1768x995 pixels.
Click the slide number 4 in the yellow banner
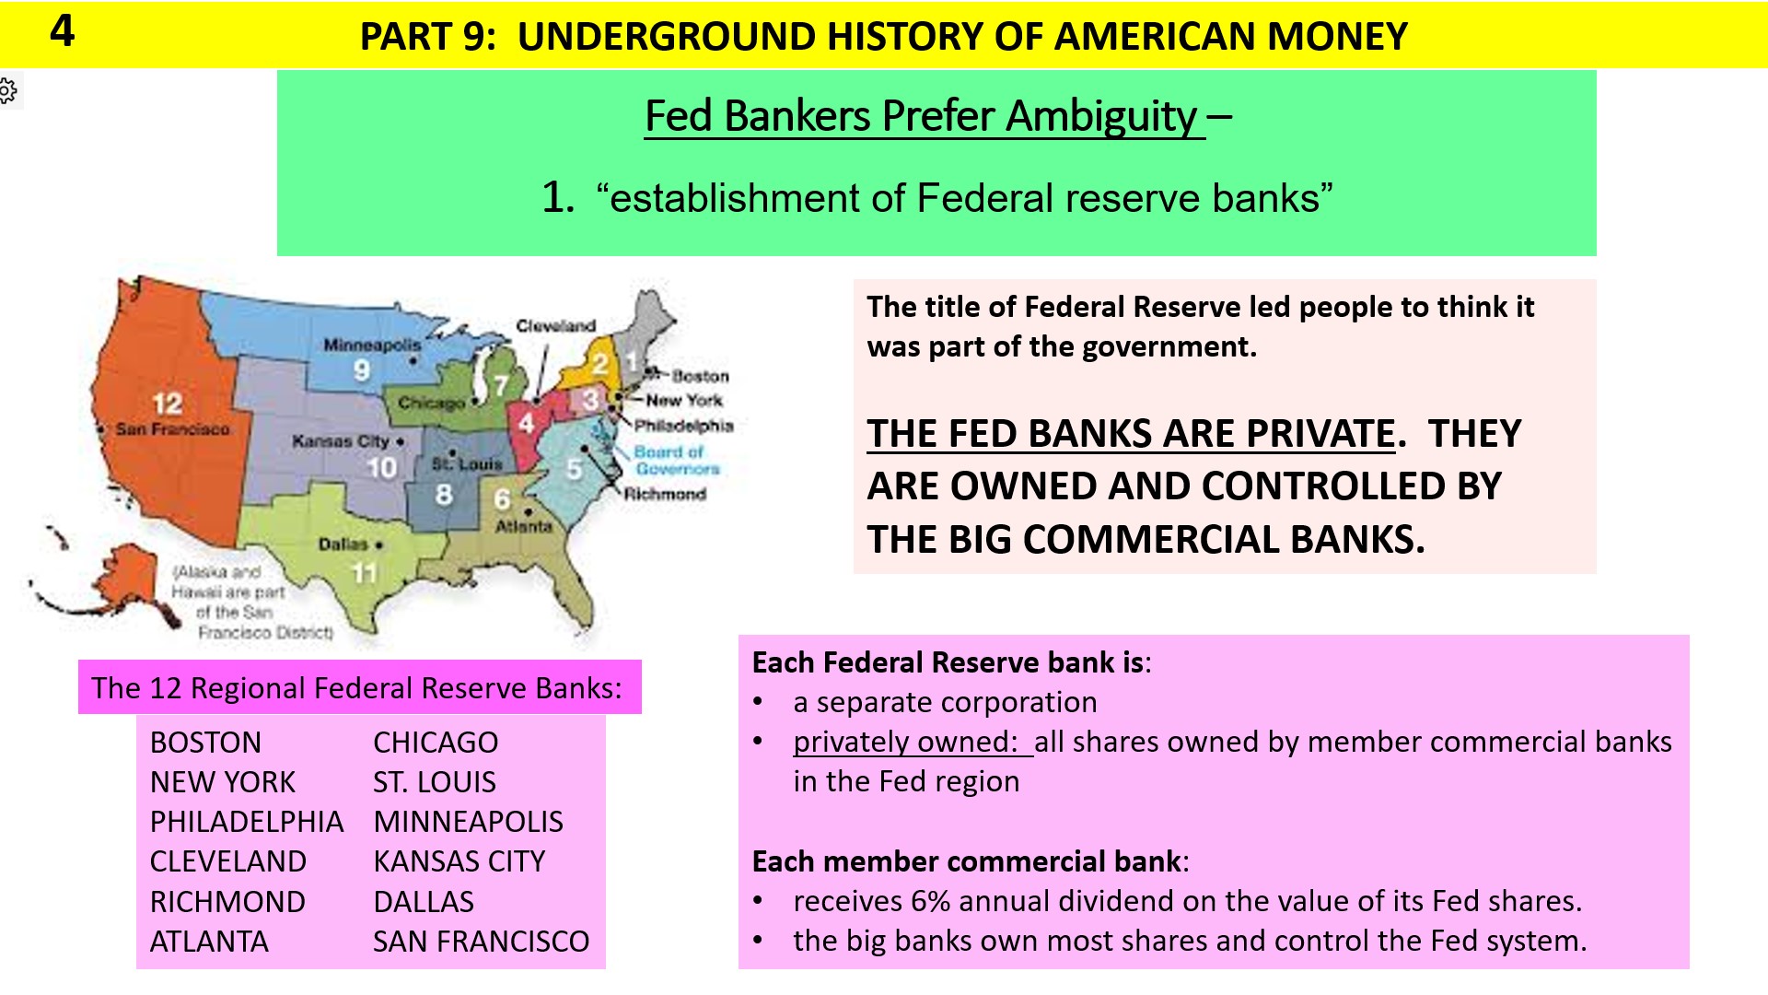tap(62, 31)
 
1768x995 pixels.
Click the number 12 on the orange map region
tap(167, 404)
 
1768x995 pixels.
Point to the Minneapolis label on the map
tap(371, 345)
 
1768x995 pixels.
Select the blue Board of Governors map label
tap(676, 460)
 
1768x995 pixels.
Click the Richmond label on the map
tap(665, 494)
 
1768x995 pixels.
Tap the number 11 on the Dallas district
tap(365, 573)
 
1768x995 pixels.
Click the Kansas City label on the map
tap(341, 441)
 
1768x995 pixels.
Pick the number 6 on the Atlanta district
tap(502, 499)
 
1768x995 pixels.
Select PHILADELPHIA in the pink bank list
tap(247, 822)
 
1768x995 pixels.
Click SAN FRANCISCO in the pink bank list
tap(481, 942)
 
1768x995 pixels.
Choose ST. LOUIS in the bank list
tap(435, 782)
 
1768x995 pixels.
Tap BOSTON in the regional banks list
tap(205, 743)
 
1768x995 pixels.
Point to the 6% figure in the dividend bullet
tap(929, 901)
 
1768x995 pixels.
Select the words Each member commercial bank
tap(966, 861)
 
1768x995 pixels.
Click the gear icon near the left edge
tap(7, 90)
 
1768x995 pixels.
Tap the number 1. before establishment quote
tap(558, 198)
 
